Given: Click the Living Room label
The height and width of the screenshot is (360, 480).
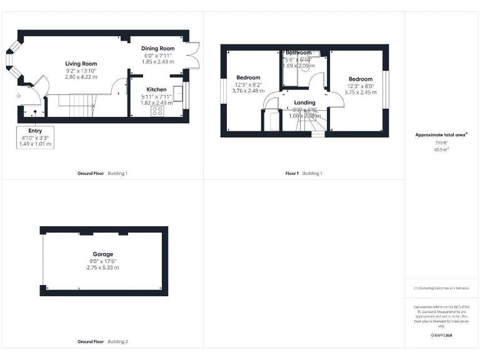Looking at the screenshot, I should coord(81,64).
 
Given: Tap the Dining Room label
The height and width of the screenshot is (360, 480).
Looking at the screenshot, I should coord(157,48).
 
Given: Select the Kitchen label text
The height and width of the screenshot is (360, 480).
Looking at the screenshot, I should coord(156,89).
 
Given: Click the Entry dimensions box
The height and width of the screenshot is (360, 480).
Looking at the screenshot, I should coord(36,137).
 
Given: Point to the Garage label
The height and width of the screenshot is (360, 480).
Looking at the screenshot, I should coord(103,254).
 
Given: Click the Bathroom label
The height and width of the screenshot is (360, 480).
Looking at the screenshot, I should coord(298,53).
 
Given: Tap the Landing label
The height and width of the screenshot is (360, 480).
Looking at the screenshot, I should coord(304,102).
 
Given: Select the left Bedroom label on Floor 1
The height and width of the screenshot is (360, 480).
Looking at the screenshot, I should coord(248,77).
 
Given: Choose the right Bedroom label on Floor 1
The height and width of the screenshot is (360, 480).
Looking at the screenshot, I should coord(361,79).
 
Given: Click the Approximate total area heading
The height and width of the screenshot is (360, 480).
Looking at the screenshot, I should coord(442,135).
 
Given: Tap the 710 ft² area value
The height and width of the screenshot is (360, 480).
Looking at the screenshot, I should coord(442,143).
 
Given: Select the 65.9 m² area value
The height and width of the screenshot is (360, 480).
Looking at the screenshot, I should coord(442,149).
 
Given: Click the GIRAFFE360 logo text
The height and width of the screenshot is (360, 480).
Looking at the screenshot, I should coord(442,336).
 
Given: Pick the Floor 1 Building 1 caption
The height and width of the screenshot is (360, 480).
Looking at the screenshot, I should coord(304,173).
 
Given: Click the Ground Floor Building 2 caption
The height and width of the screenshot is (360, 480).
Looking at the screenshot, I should coord(102,342).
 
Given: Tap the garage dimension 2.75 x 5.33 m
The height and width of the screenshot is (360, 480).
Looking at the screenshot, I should coord(102,267).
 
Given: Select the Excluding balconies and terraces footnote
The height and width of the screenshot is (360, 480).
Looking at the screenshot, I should coord(441,288).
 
